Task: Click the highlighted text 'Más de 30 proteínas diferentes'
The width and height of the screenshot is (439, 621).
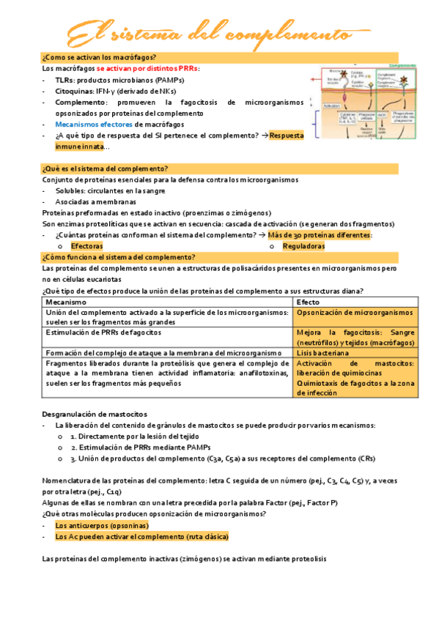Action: click(320, 235)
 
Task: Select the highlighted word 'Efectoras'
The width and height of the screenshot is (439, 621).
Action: click(86, 247)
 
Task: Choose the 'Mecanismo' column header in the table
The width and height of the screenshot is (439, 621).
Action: click(66, 302)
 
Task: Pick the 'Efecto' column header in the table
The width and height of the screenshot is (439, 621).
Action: click(308, 302)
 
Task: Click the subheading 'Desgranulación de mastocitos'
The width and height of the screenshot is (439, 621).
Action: click(95, 414)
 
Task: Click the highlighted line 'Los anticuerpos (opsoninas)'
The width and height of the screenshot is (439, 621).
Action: click(102, 526)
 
